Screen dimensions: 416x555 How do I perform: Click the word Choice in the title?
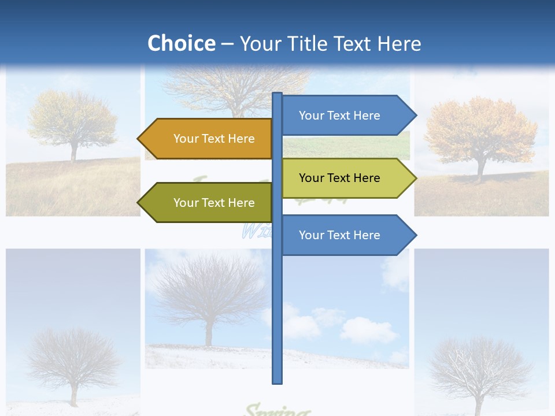(x=181, y=43)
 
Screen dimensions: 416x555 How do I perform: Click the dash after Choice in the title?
(x=227, y=44)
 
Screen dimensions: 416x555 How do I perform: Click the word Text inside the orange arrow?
(x=214, y=139)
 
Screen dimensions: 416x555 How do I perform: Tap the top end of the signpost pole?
(x=277, y=94)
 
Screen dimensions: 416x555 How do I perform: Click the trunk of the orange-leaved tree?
(x=480, y=171)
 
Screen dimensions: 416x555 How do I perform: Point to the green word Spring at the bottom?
(x=276, y=411)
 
